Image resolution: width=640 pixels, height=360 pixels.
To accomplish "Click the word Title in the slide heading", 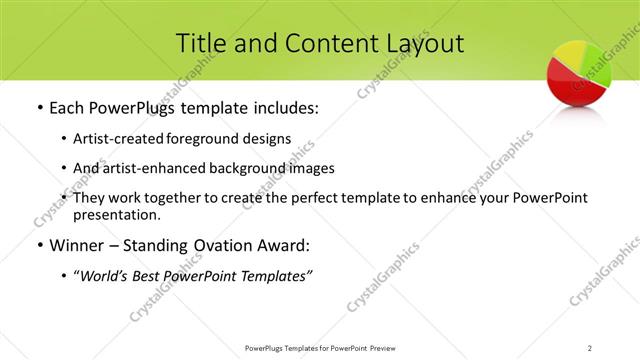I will click(199, 43).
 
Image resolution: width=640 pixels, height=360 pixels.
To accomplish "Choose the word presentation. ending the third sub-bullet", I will click(116, 214).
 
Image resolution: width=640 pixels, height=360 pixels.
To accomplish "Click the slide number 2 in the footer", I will click(590, 347).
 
